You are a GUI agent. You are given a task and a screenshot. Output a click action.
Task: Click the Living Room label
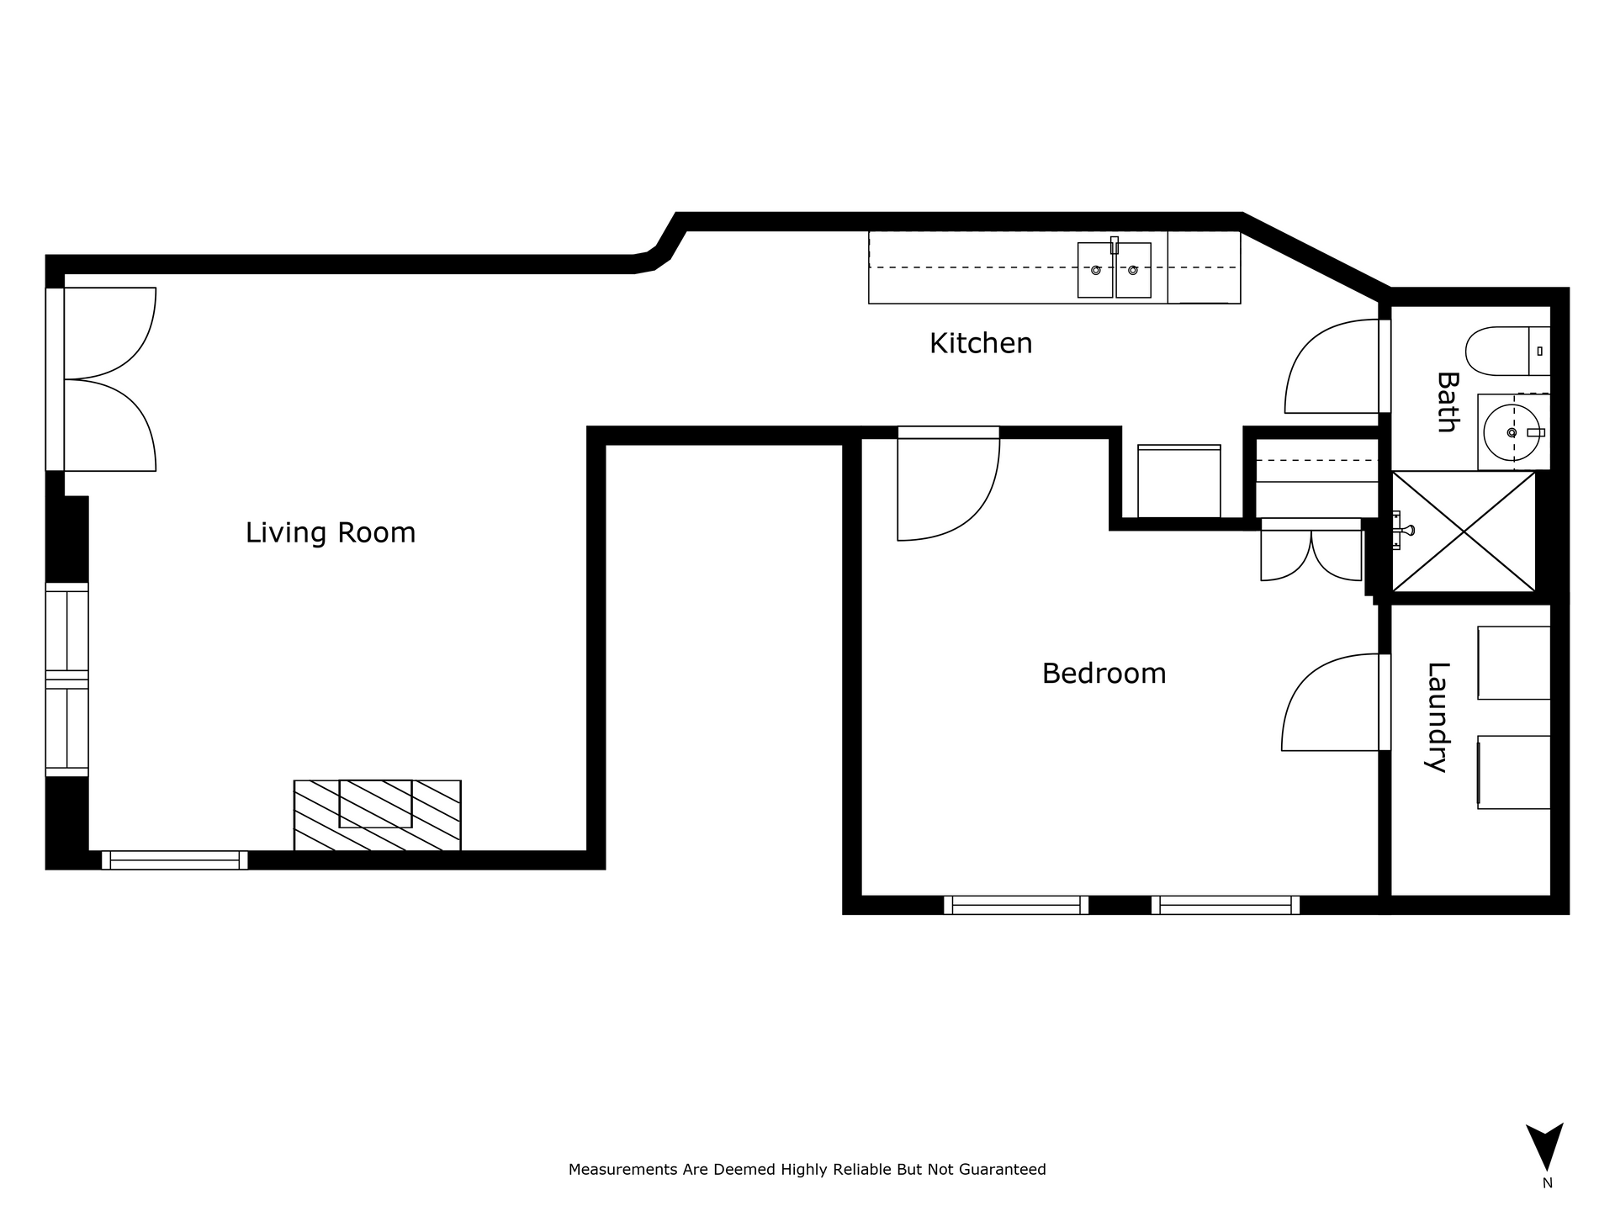(x=331, y=533)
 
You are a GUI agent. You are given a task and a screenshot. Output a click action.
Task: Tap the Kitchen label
(x=981, y=343)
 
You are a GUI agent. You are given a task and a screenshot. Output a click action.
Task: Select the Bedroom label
(x=1104, y=674)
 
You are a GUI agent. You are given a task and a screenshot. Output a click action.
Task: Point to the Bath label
(x=1447, y=402)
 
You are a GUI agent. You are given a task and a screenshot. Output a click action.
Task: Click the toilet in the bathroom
(x=1507, y=351)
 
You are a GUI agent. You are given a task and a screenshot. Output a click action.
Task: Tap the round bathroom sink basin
(x=1512, y=432)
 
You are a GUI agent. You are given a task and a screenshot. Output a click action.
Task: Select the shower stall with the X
(x=1464, y=531)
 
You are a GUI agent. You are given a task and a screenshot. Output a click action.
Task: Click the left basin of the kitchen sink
(x=1095, y=270)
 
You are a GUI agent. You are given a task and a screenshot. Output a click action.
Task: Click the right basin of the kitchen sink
(x=1133, y=270)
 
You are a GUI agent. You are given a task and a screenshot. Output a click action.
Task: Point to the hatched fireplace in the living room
(x=377, y=815)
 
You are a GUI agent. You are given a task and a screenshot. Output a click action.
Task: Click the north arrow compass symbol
(x=1545, y=1147)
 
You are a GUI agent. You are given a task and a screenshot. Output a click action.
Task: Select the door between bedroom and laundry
(x=1331, y=702)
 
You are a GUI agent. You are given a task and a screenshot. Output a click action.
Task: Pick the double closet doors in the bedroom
(x=1311, y=551)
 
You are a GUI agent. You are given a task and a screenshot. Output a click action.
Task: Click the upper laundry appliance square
(x=1514, y=663)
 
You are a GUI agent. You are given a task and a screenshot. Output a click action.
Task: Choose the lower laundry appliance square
(x=1514, y=772)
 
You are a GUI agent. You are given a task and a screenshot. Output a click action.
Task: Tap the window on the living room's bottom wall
(x=175, y=859)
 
